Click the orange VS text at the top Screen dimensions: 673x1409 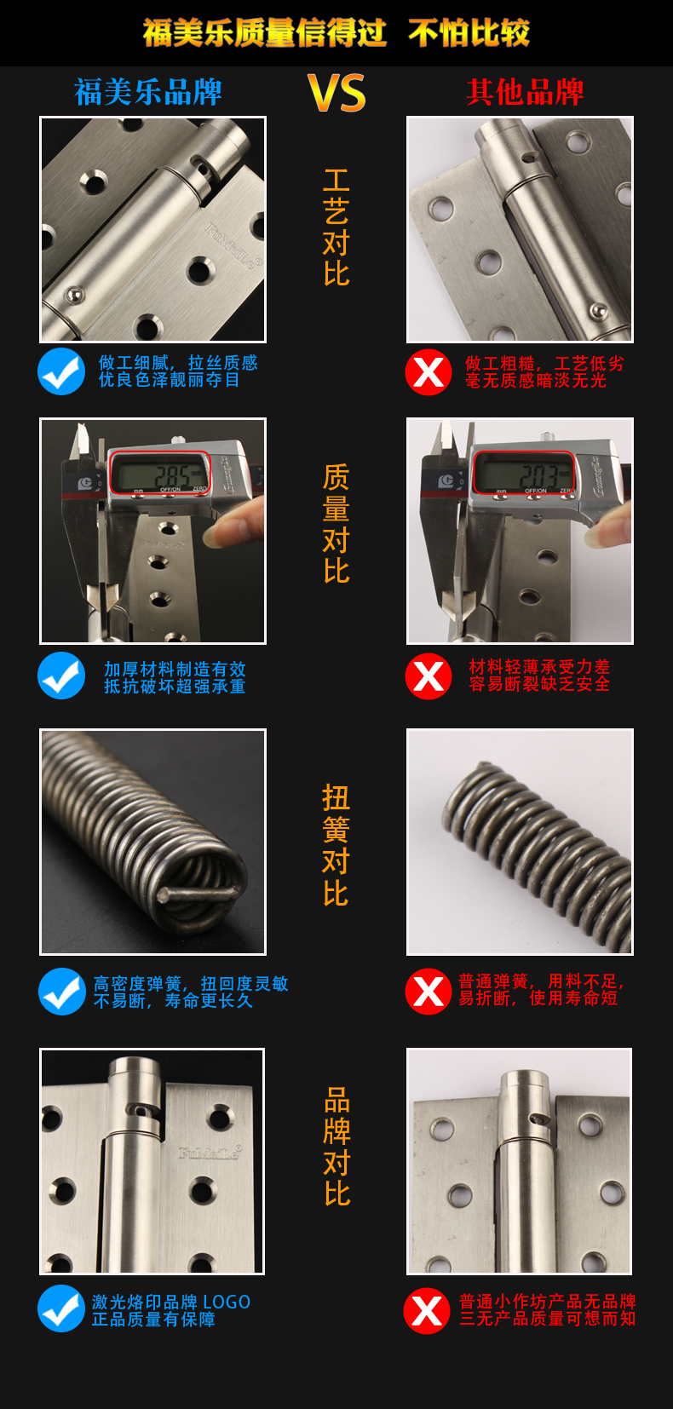coord(336,93)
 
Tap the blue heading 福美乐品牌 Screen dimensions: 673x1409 coord(148,92)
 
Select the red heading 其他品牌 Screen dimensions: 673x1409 coord(525,92)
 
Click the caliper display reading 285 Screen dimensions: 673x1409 coord(160,473)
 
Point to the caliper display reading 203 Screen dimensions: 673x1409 coord(523,473)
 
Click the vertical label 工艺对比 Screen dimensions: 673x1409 coord(336,227)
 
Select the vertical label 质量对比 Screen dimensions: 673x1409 coord(336,524)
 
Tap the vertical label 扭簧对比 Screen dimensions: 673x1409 coord(336,845)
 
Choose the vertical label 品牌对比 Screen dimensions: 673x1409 coord(337,1146)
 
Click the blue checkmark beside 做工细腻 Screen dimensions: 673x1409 coord(61,371)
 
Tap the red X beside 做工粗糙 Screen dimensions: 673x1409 coord(429,371)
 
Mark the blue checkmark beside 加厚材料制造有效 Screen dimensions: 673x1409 coord(61,676)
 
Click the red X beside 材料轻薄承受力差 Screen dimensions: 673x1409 coord(429,676)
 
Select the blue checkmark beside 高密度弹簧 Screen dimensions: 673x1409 coord(61,992)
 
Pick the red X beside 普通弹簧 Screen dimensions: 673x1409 coord(429,992)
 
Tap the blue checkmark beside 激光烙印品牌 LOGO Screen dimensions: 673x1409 coord(61,1308)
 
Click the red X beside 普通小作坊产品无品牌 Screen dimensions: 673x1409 coord(427,1311)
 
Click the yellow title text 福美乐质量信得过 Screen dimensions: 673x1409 coord(264,32)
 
